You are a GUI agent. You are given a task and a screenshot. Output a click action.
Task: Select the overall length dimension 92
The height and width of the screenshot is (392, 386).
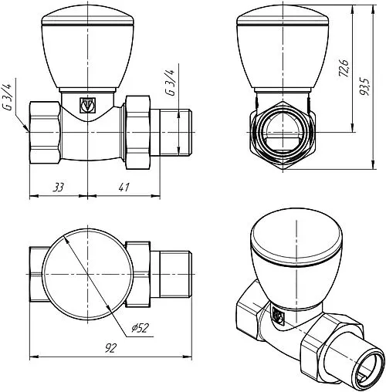110,348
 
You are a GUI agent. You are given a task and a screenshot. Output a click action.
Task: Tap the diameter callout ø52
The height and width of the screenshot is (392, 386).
141,328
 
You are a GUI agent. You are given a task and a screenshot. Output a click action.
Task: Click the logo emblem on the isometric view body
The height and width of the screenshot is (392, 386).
279,315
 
